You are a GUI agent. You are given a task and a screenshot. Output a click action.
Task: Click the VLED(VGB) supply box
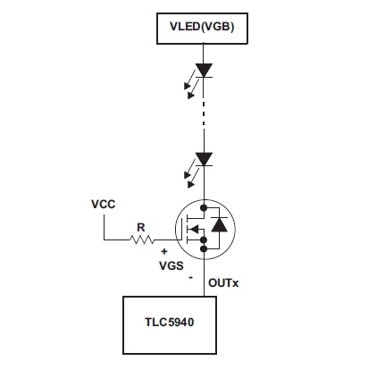(202, 29)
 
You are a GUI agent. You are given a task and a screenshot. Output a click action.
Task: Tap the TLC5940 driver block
(170, 325)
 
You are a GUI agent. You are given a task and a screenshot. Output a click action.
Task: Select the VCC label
(103, 205)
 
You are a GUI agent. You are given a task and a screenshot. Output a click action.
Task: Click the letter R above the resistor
(141, 228)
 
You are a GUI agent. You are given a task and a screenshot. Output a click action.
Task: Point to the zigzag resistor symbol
(142, 239)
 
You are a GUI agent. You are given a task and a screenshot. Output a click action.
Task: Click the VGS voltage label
(172, 265)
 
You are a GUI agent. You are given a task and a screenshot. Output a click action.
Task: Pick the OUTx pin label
(223, 283)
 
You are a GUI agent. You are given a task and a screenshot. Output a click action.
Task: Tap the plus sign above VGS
(164, 252)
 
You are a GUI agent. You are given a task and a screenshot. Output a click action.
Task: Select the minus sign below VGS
(191, 278)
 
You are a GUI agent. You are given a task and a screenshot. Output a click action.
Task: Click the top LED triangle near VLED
(204, 71)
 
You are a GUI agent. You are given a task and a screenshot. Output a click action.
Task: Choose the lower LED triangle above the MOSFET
(204, 159)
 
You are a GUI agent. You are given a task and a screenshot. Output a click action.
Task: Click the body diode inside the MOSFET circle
(219, 224)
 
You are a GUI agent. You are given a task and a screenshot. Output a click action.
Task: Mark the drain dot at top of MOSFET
(204, 208)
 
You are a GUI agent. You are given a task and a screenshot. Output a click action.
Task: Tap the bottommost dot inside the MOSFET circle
(204, 248)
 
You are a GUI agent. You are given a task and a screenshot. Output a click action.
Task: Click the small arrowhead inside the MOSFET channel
(194, 230)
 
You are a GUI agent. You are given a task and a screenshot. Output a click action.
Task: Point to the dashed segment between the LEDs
(204, 114)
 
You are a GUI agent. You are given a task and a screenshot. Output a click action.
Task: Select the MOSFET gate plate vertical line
(181, 229)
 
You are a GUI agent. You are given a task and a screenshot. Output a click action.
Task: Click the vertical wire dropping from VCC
(104, 227)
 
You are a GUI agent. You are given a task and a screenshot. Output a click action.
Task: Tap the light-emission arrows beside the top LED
(190, 84)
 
